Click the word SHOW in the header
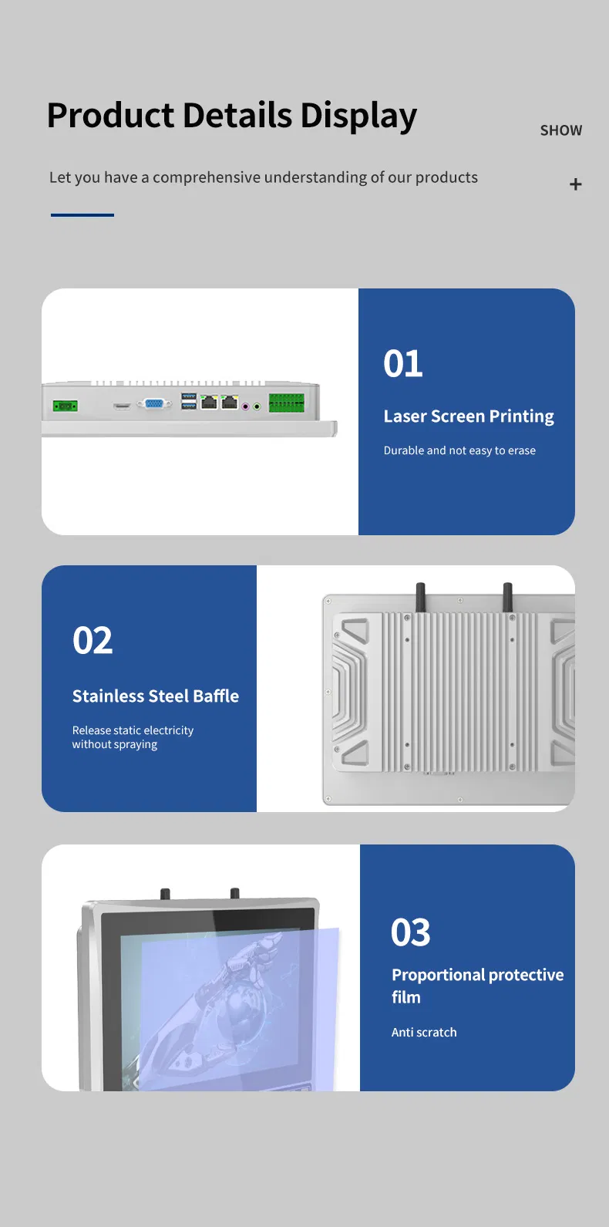(560, 130)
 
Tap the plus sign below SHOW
(575, 184)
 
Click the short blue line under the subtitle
(82, 215)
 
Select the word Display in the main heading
(358, 116)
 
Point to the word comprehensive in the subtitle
(207, 177)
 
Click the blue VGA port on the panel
(154, 403)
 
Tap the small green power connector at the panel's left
(66, 406)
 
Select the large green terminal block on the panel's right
(286, 403)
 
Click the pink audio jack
(246, 406)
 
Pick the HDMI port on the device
(122, 406)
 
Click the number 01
(403, 363)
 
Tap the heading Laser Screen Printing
(469, 416)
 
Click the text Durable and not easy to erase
(459, 450)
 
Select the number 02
(93, 640)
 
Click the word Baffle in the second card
(216, 696)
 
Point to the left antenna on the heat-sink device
(421, 598)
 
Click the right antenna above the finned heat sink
(507, 598)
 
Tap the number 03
(411, 932)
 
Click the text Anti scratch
(424, 1032)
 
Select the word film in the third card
(406, 997)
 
